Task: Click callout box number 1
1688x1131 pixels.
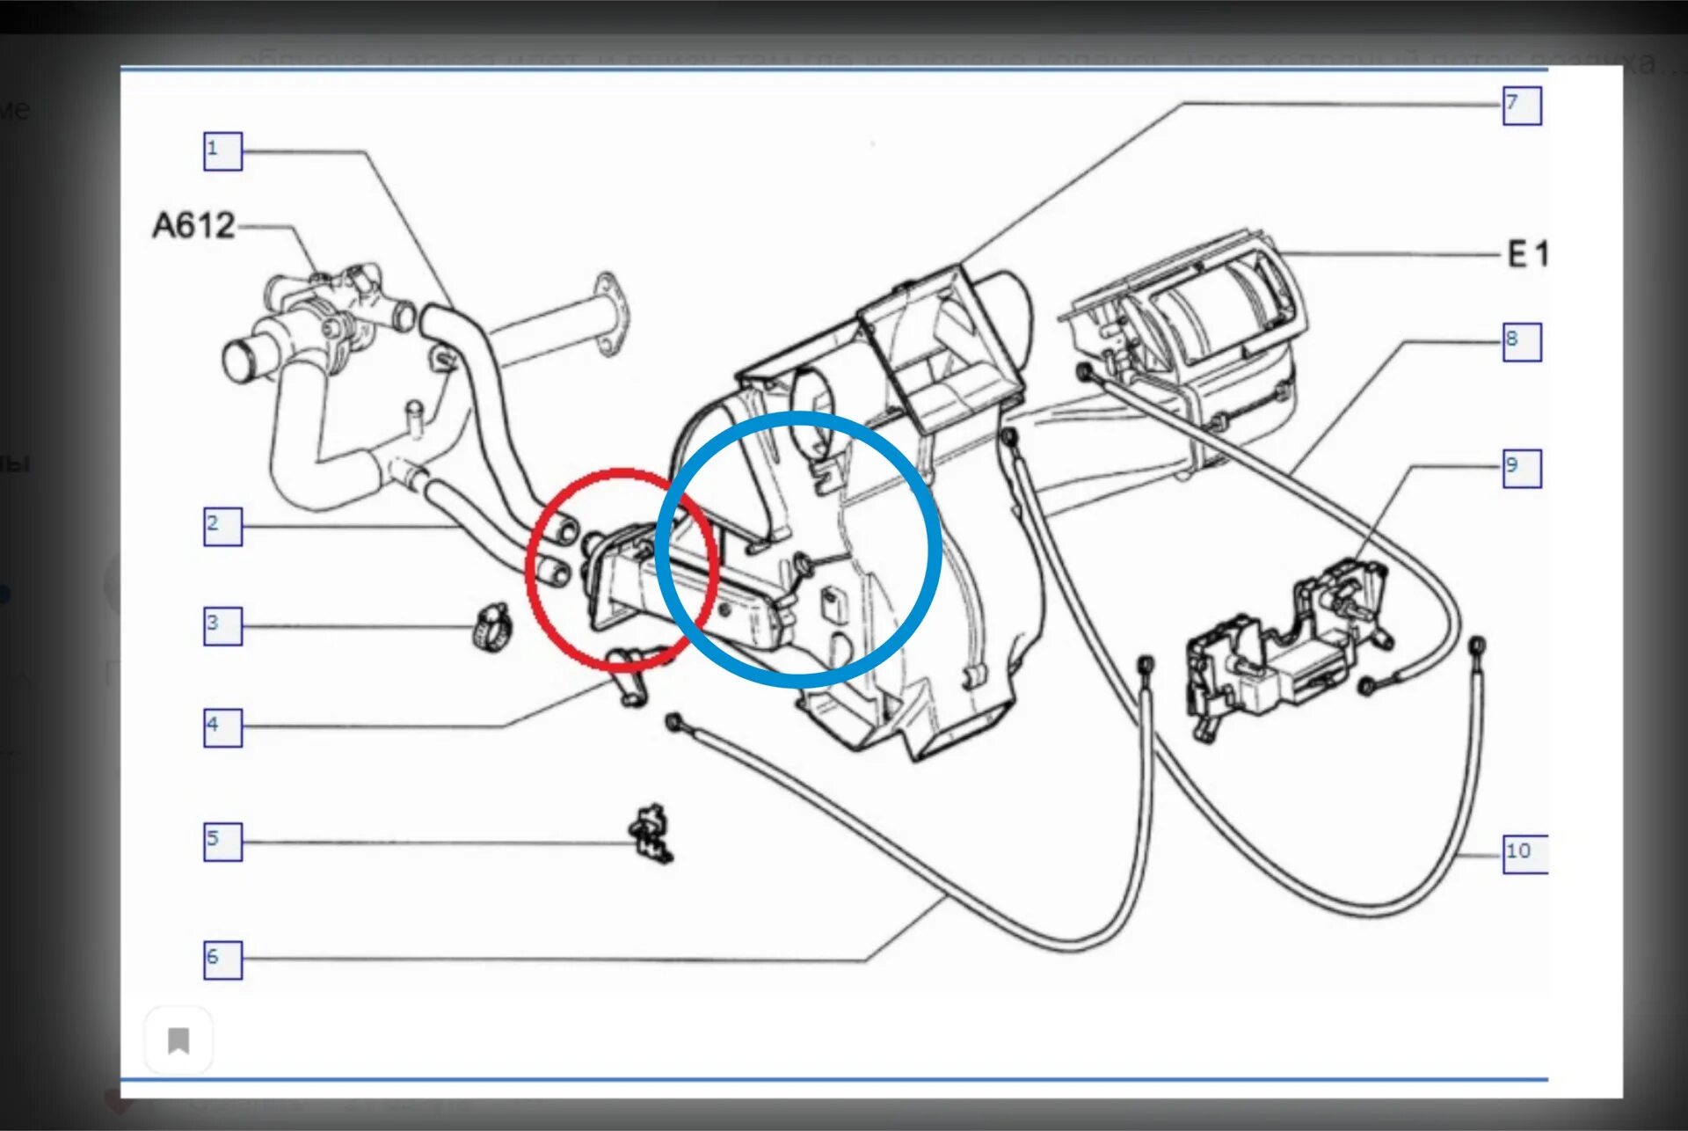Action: [222, 151]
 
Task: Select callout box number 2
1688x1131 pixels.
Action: [222, 526]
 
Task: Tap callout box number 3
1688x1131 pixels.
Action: [222, 626]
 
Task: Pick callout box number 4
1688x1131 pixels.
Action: [222, 727]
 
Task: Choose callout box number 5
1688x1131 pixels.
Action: [222, 842]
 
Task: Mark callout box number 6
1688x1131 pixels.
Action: [222, 960]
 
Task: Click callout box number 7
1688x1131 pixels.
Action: [1521, 106]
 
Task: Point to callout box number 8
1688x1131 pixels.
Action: [1521, 341]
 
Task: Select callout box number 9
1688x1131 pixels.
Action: [1521, 468]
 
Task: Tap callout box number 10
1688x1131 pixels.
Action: [1524, 853]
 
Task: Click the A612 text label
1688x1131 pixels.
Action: [193, 226]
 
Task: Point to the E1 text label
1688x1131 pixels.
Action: [1527, 254]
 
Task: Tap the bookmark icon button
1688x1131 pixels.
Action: [178, 1040]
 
